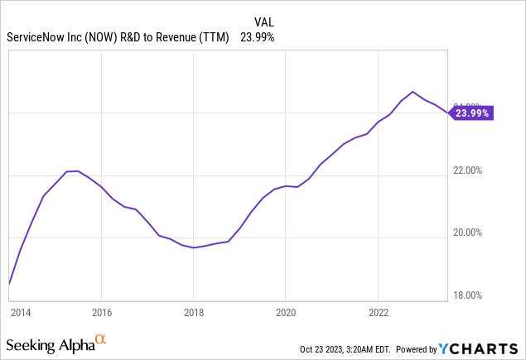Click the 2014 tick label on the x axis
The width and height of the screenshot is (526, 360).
[20, 314]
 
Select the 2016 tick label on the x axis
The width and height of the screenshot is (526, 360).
[100, 314]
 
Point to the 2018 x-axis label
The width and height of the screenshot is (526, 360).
[193, 314]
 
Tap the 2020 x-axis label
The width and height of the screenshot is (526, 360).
[285, 314]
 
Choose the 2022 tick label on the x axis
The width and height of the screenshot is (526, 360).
[378, 314]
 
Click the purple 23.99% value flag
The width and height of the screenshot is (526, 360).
[471, 113]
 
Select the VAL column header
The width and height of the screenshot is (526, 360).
[264, 22]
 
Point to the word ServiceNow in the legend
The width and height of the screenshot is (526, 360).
[31, 37]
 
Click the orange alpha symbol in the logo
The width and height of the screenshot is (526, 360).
[100, 339]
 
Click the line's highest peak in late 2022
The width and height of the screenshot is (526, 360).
[413, 91]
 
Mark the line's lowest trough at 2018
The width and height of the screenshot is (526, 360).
[193, 247]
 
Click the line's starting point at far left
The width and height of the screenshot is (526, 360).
[8, 284]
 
